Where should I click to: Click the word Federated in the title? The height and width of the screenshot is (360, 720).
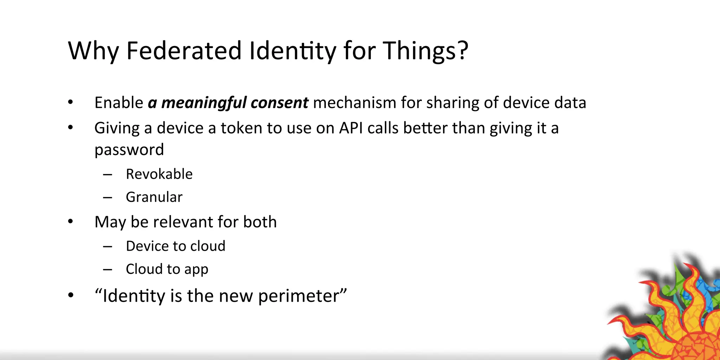pyautogui.click(x=184, y=51)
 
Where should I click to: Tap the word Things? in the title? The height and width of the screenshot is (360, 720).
pyautogui.click(x=425, y=51)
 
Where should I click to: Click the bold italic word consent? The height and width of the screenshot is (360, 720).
pyautogui.click(x=279, y=103)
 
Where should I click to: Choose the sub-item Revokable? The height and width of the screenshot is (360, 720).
pyautogui.click(x=159, y=174)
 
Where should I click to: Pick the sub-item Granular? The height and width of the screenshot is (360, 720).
pyautogui.click(x=154, y=197)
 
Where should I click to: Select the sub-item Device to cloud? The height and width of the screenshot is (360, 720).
pyautogui.click(x=175, y=246)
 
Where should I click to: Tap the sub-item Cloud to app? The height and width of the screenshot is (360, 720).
pyautogui.click(x=167, y=269)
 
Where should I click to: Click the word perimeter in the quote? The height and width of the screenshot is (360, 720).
pyautogui.click(x=298, y=296)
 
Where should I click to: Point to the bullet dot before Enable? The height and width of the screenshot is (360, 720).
pyautogui.click(x=71, y=103)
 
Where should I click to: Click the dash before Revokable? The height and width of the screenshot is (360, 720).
pyautogui.click(x=108, y=174)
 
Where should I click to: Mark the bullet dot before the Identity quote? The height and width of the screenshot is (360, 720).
pyautogui.click(x=71, y=296)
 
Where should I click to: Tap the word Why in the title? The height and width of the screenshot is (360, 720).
pyautogui.click(x=93, y=51)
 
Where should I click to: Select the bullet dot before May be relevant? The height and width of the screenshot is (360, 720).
pyautogui.click(x=71, y=221)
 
